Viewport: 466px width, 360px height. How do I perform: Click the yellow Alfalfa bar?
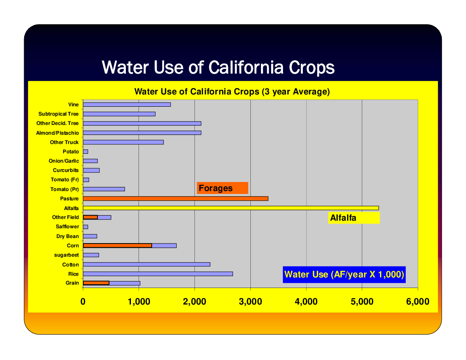tap(231, 208)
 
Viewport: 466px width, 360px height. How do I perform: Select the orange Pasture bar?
tap(176, 198)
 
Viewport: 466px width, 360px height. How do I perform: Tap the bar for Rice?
tap(158, 274)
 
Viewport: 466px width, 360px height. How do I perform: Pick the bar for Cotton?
tap(147, 264)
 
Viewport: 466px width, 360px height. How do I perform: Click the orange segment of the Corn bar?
tap(117, 246)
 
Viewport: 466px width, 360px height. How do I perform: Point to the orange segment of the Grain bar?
tap(96, 283)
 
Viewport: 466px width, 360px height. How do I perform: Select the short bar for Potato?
tap(86, 152)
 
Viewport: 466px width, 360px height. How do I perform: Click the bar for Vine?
tap(127, 105)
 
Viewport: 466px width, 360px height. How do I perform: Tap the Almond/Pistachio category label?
tap(57, 133)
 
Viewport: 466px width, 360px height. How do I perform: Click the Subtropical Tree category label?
tap(58, 114)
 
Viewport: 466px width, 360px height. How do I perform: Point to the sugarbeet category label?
tap(66, 255)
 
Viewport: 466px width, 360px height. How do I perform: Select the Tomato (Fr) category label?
tap(65, 180)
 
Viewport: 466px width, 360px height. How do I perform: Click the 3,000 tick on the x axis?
tap(250, 302)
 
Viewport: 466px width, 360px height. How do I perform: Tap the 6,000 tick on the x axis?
tap(418, 302)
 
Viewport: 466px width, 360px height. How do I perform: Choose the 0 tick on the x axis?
tap(83, 302)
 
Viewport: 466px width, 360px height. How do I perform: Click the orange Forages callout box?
tap(222, 188)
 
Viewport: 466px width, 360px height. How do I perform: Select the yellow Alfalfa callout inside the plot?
tap(354, 218)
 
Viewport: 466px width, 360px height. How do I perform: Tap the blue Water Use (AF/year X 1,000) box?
tap(344, 274)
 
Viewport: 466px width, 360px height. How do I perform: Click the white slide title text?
tap(218, 67)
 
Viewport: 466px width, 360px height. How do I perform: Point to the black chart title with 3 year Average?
tap(232, 91)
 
